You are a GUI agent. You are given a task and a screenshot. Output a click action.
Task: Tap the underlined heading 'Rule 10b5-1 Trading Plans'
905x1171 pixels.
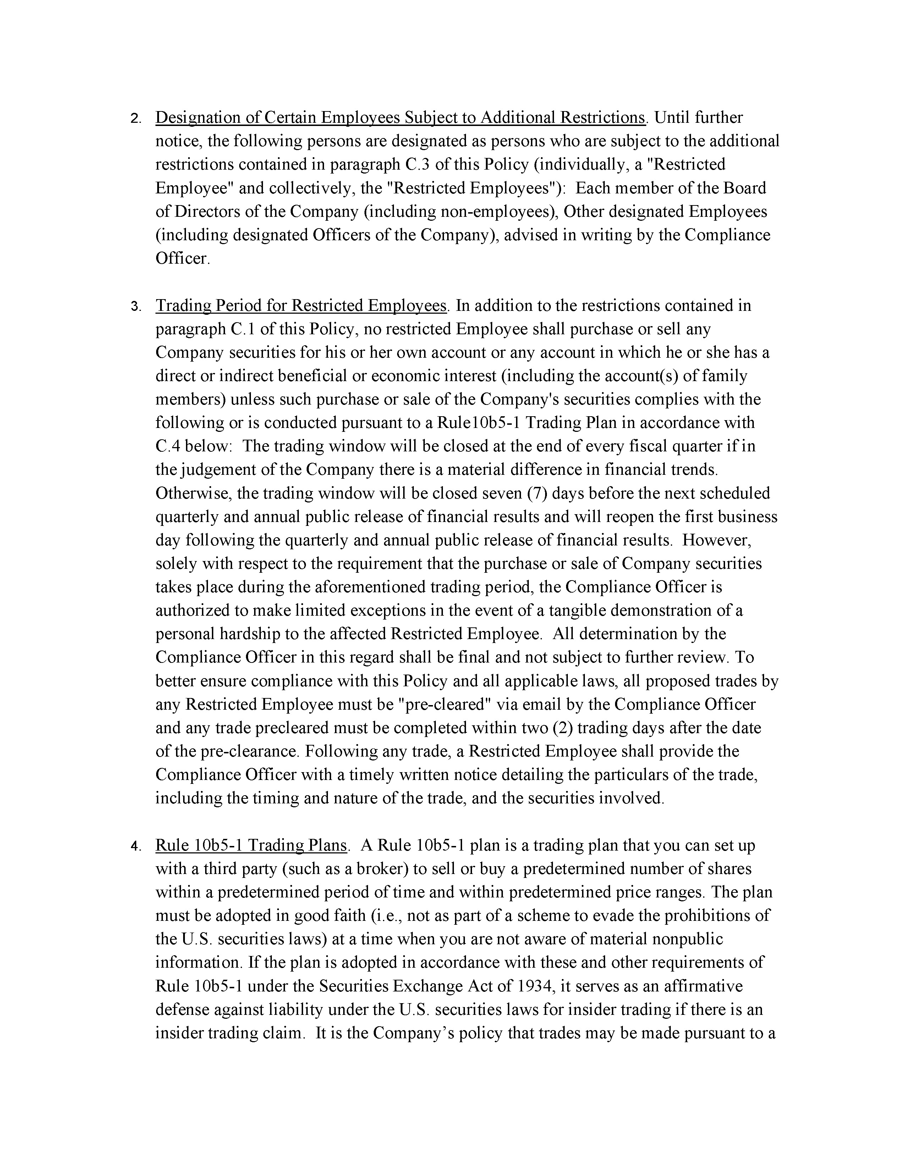pos(251,846)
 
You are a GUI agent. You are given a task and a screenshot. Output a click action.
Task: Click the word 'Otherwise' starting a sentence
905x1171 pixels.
pos(193,493)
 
